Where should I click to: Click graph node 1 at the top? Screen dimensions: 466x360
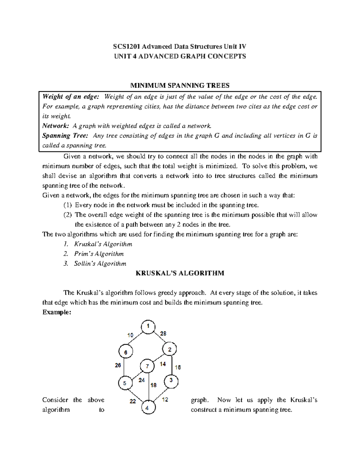148,326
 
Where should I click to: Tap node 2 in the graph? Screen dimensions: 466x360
169,349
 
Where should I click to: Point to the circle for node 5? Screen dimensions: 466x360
125,383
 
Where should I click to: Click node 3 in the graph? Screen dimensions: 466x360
171,382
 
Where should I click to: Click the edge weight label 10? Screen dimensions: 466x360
130,335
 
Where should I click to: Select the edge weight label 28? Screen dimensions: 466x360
163,333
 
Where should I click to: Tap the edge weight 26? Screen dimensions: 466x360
118,365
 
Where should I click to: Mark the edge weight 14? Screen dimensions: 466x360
163,364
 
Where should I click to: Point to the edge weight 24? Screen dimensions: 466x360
142,380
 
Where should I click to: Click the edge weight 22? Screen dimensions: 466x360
133,401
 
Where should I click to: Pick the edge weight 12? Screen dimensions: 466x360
165,400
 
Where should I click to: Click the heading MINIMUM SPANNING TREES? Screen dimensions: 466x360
180,86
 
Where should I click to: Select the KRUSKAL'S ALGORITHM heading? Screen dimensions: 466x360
180,273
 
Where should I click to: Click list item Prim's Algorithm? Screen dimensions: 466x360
99,254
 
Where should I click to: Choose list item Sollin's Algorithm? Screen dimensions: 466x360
100,264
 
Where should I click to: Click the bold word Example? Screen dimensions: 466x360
57,312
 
